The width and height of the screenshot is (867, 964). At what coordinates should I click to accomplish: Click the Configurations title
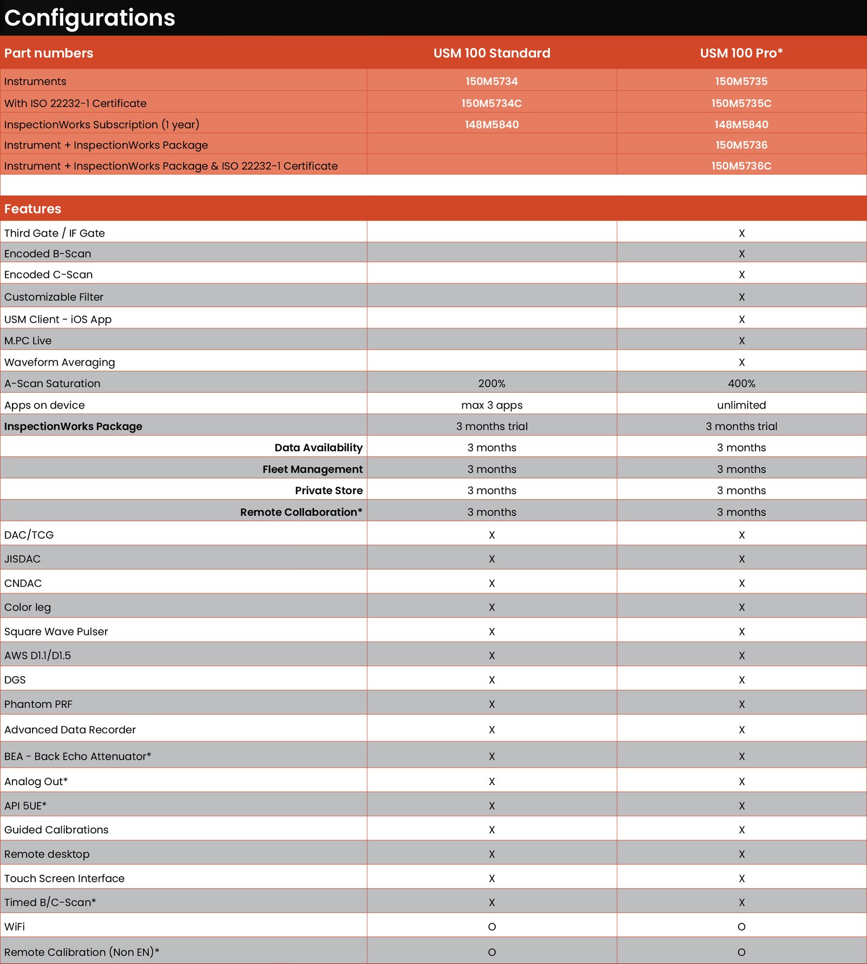89,18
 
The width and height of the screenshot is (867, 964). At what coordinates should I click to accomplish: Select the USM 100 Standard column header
491,53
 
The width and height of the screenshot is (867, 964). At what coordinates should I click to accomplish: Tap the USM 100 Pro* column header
741,53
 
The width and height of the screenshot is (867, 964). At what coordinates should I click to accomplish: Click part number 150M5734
491,81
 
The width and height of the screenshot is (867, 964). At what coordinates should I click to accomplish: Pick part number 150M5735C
741,103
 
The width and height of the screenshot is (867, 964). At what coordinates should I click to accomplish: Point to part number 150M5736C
741,166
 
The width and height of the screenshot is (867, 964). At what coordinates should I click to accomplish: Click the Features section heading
33,209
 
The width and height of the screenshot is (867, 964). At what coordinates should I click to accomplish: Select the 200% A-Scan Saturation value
491,384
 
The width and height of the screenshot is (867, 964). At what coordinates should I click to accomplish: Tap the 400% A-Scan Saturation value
741,384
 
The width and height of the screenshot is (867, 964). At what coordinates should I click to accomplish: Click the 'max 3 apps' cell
491,405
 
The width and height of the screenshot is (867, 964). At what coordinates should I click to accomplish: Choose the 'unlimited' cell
741,405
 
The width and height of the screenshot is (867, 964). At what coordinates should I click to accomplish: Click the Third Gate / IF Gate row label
54,233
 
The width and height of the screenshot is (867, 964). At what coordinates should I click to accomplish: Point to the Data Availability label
318,448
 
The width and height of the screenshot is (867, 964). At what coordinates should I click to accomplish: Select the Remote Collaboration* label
301,512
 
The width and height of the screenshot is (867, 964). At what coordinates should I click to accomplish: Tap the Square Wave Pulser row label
56,631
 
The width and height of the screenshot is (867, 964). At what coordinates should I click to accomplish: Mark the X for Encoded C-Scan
741,275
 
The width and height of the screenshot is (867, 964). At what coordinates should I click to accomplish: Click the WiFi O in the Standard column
491,927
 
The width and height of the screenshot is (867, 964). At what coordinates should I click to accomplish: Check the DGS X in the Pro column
741,680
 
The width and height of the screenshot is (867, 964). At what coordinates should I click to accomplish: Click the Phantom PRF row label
38,704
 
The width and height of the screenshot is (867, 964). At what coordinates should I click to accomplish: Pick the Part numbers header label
49,53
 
